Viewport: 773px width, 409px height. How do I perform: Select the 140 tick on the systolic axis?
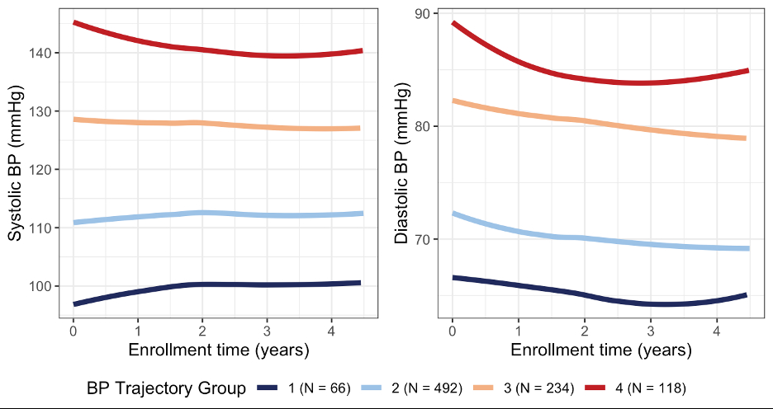(43, 53)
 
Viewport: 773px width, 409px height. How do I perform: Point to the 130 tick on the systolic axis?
(43, 111)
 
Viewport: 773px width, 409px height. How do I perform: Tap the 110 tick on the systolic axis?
(43, 228)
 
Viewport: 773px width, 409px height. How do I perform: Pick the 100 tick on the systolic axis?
(43, 286)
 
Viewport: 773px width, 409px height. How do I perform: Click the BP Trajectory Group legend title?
(166, 387)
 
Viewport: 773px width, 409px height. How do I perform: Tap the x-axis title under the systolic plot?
(219, 350)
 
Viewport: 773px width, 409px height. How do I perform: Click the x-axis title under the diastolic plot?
(601, 350)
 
